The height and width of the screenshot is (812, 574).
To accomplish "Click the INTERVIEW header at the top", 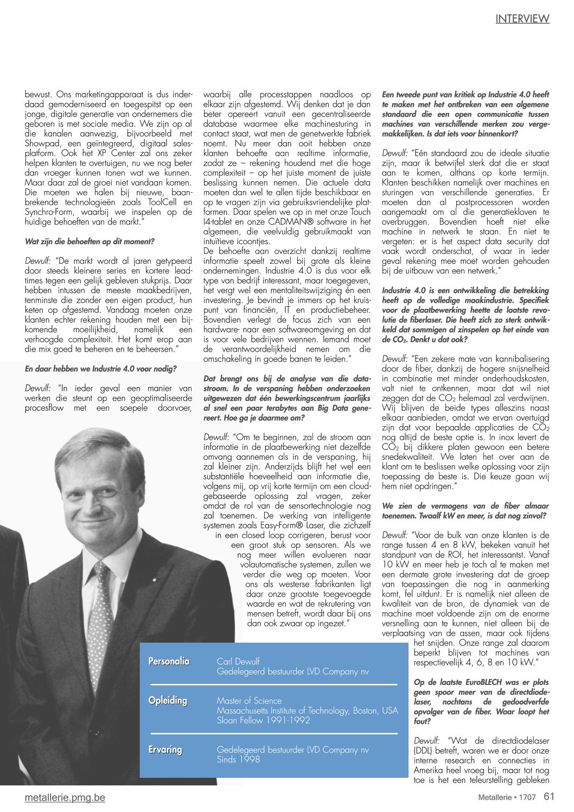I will [x=522, y=19].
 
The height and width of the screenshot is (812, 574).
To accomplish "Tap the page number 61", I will [x=549, y=796].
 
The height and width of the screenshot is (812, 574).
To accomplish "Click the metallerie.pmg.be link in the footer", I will [x=65, y=797].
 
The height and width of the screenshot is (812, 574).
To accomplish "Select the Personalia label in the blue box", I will [x=169, y=661].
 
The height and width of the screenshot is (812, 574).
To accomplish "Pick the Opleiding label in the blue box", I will [x=168, y=701].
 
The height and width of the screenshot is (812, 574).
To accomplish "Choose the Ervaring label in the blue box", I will [x=165, y=750].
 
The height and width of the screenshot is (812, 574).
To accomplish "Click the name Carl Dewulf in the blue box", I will [x=238, y=661].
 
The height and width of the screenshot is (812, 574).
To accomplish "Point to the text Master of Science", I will [x=249, y=701].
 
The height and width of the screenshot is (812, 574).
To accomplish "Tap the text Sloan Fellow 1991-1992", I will [x=263, y=720].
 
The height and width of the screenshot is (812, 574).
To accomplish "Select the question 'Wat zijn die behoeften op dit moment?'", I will [x=90, y=242].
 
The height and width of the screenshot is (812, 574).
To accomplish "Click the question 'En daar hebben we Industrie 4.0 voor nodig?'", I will [x=100, y=369].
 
